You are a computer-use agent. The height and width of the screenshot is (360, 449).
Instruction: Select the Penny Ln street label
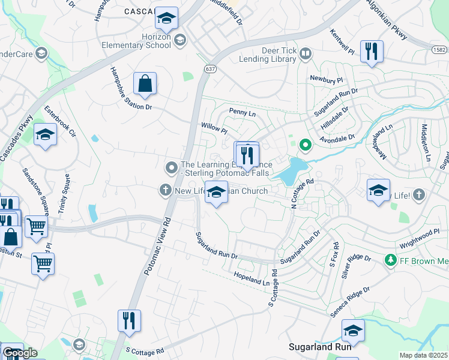coord(243,112)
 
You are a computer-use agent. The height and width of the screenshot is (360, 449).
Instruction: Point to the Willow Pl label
coord(214,128)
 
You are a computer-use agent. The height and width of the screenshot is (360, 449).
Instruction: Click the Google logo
coord(19,352)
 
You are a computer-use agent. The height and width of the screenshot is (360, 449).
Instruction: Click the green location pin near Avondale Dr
coord(305,145)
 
